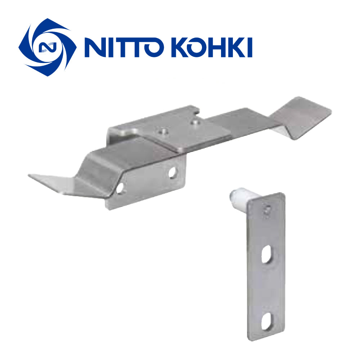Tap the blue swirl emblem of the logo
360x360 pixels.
[x=48, y=47]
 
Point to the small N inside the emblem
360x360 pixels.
[x=48, y=47]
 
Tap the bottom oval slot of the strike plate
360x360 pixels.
[x=267, y=321]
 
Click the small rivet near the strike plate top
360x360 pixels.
[x=267, y=210]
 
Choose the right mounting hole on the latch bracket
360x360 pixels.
[x=173, y=172]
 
